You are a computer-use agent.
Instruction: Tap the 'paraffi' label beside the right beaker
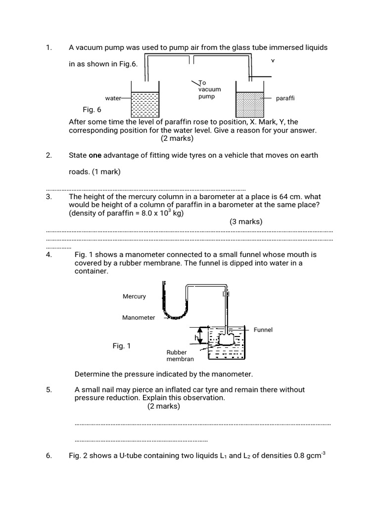pyautogui.click(x=285, y=98)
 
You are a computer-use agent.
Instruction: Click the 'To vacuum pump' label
pyautogui.click(x=206, y=89)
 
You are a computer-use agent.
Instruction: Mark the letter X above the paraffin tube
pyautogui.click(x=272, y=61)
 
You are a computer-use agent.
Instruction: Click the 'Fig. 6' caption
pyautogui.click(x=92, y=110)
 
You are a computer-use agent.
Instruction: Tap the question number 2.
pyautogui.click(x=48, y=156)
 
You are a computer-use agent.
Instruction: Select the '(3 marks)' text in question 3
pyautogui.click(x=246, y=222)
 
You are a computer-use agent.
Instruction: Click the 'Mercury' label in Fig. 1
pyautogui.click(x=134, y=296)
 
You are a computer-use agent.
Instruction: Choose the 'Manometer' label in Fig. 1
pyautogui.click(x=139, y=318)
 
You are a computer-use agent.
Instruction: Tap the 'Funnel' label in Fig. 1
pyautogui.click(x=263, y=330)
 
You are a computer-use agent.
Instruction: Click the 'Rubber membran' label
pyautogui.click(x=180, y=356)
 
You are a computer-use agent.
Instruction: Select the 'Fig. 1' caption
pyautogui.click(x=122, y=346)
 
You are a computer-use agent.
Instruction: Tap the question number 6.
pyautogui.click(x=48, y=456)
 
